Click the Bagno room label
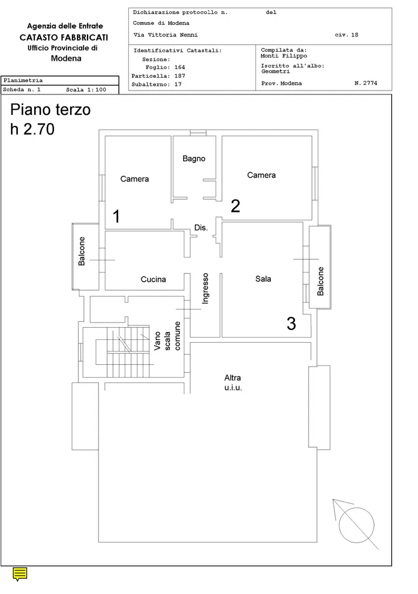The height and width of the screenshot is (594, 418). (x=194, y=159)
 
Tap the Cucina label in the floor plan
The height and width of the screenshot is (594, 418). (x=153, y=279)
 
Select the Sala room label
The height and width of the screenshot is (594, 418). (x=263, y=279)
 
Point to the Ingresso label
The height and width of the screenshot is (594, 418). (x=205, y=288)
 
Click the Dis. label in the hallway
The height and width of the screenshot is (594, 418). (x=201, y=227)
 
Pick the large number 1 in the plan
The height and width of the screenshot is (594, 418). (x=117, y=216)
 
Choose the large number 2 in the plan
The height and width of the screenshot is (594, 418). (x=235, y=206)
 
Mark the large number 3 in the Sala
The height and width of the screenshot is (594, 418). (x=291, y=324)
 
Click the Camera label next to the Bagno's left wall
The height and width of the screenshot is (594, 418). (x=135, y=179)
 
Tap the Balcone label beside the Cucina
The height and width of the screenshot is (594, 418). (x=81, y=251)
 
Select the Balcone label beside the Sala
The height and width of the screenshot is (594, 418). (x=321, y=281)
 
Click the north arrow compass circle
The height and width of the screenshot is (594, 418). (x=357, y=525)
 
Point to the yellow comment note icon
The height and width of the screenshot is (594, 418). (x=20, y=574)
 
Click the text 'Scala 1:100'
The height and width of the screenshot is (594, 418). (x=86, y=90)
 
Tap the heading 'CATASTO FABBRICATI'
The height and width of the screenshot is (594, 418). (x=64, y=38)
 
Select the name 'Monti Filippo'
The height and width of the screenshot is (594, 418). (x=284, y=56)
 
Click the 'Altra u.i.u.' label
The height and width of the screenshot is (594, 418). (x=233, y=383)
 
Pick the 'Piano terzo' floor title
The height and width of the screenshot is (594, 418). (x=50, y=110)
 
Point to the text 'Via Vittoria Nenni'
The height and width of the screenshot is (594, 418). (x=165, y=35)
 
